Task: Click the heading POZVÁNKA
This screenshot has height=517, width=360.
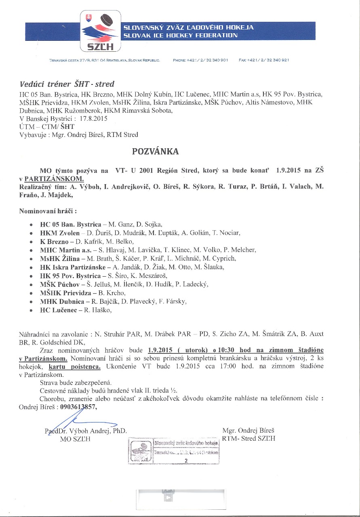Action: pos(155,151)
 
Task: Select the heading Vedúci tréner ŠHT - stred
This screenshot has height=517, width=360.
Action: pos(67,84)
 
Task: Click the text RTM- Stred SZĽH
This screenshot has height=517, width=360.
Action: pos(248,439)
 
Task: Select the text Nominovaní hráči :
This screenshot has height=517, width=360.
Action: pos(48,211)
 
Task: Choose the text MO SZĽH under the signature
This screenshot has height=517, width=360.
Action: pos(75,439)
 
